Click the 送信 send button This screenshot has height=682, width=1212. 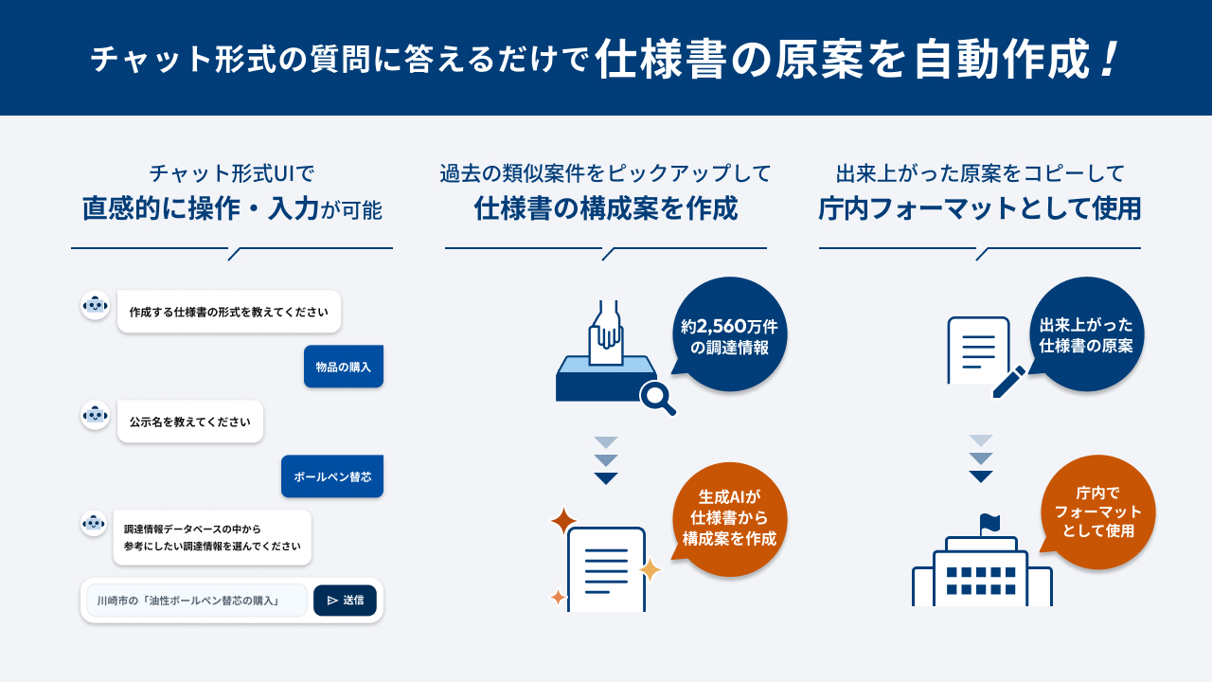pyautogui.click(x=345, y=601)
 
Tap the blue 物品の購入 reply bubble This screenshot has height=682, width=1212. pyautogui.click(x=344, y=367)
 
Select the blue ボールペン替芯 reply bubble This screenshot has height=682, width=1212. pyautogui.click(x=332, y=476)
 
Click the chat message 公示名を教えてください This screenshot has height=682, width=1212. pyautogui.click(x=190, y=422)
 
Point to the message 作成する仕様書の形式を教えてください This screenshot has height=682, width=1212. pyautogui.click(x=229, y=312)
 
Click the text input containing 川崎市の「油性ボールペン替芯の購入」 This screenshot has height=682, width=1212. pyautogui.click(x=197, y=601)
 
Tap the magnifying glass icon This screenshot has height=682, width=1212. pyautogui.click(x=657, y=398)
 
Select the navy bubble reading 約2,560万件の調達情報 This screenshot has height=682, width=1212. pyautogui.click(x=729, y=334)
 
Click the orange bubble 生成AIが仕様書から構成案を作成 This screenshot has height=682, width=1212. pyautogui.click(x=729, y=518)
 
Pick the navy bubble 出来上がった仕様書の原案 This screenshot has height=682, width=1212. pyautogui.click(x=1086, y=334)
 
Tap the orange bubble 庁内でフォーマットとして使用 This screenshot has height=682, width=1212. pyautogui.click(x=1097, y=512)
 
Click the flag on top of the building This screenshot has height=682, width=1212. pyautogui.click(x=989, y=524)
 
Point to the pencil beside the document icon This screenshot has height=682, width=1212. pyautogui.click(x=1009, y=382)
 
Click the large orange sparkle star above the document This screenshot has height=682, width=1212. pyautogui.click(x=563, y=521)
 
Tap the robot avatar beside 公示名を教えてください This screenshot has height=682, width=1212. pyautogui.click(x=96, y=415)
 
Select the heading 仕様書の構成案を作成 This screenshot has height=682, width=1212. pyautogui.click(x=606, y=208)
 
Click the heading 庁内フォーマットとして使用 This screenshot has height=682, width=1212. pyautogui.click(x=980, y=208)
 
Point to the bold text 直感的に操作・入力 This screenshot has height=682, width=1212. pyautogui.click(x=200, y=208)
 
